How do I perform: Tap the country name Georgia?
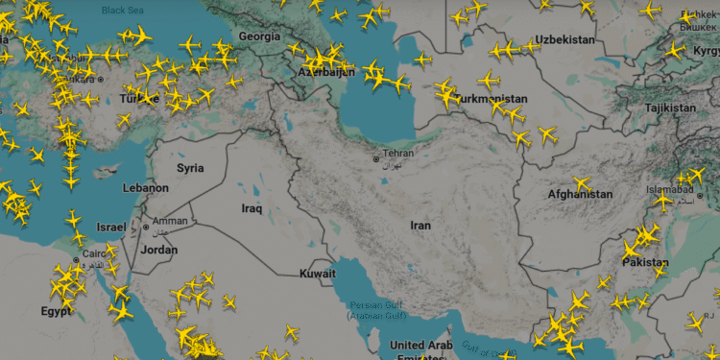(259, 36)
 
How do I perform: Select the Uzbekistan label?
(565, 39)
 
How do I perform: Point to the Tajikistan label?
(669, 108)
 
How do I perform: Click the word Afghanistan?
(579, 195)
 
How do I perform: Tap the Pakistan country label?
(644, 262)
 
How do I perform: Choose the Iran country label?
(420, 226)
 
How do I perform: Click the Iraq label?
(252, 207)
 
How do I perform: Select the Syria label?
(190, 168)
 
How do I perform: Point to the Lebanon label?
(145, 188)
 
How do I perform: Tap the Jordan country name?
(159, 250)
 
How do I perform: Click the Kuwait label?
(318, 274)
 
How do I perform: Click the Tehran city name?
(397, 154)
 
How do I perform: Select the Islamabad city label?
(670, 191)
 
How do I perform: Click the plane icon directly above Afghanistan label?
(581, 182)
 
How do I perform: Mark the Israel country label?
(110, 227)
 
